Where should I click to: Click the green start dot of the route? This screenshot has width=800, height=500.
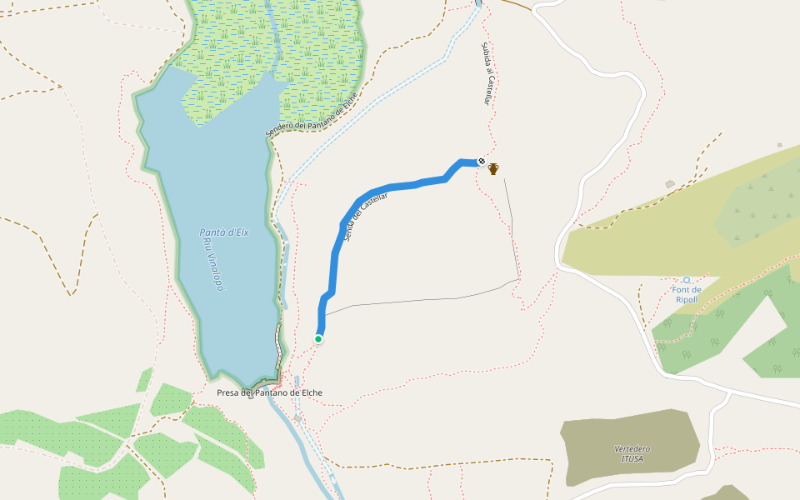(x=318, y=338)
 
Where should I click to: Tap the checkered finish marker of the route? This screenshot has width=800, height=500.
(x=481, y=161)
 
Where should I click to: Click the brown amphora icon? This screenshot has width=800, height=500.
(x=493, y=169)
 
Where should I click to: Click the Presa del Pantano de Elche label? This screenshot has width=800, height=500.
(x=269, y=392)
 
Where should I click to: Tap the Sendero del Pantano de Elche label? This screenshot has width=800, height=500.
(x=312, y=114)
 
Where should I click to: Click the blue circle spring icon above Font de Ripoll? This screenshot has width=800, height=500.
(x=687, y=280)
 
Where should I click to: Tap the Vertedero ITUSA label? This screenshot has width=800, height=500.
(x=632, y=453)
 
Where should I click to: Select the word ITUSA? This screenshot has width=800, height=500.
(x=632, y=458)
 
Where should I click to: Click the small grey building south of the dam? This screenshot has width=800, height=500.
(x=297, y=417)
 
